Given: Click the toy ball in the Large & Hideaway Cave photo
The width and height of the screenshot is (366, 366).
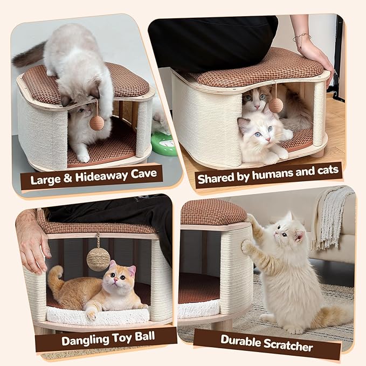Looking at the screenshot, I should pyautogui.click(x=97, y=122).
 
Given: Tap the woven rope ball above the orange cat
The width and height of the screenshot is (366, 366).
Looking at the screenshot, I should pyautogui.click(x=98, y=259).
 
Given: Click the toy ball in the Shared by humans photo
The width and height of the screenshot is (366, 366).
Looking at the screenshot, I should pyautogui.click(x=276, y=105).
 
